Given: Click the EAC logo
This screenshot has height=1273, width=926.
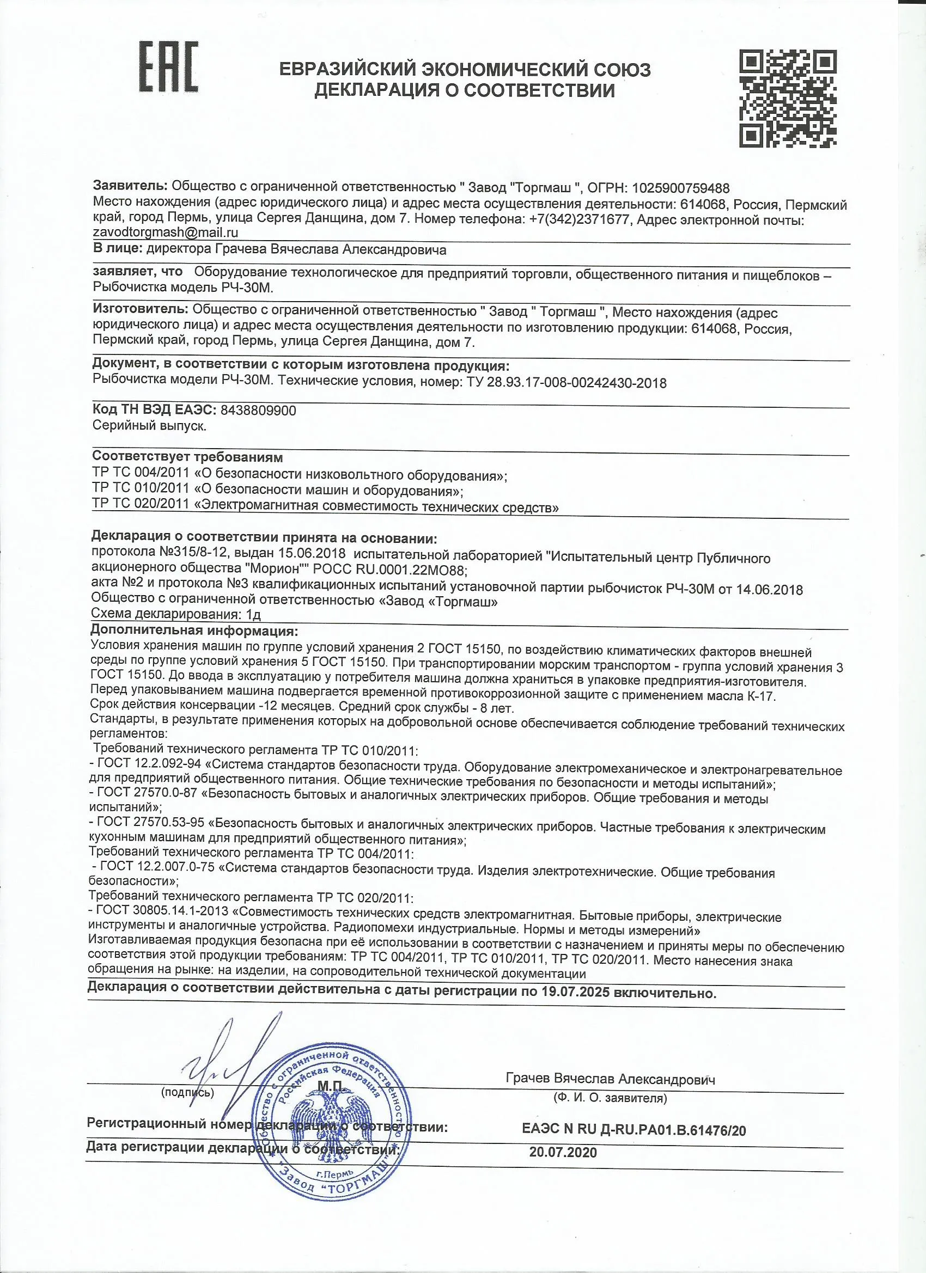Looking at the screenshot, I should click(x=168, y=66).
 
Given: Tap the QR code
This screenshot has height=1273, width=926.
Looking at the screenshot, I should click(x=788, y=98).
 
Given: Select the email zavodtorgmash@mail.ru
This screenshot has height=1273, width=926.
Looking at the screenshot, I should click(x=166, y=232).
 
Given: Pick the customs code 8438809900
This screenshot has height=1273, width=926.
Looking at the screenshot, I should click(x=258, y=411).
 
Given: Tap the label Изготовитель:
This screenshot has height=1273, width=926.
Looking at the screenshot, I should click(x=140, y=309).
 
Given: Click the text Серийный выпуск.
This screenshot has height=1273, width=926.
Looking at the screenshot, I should click(x=150, y=426).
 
